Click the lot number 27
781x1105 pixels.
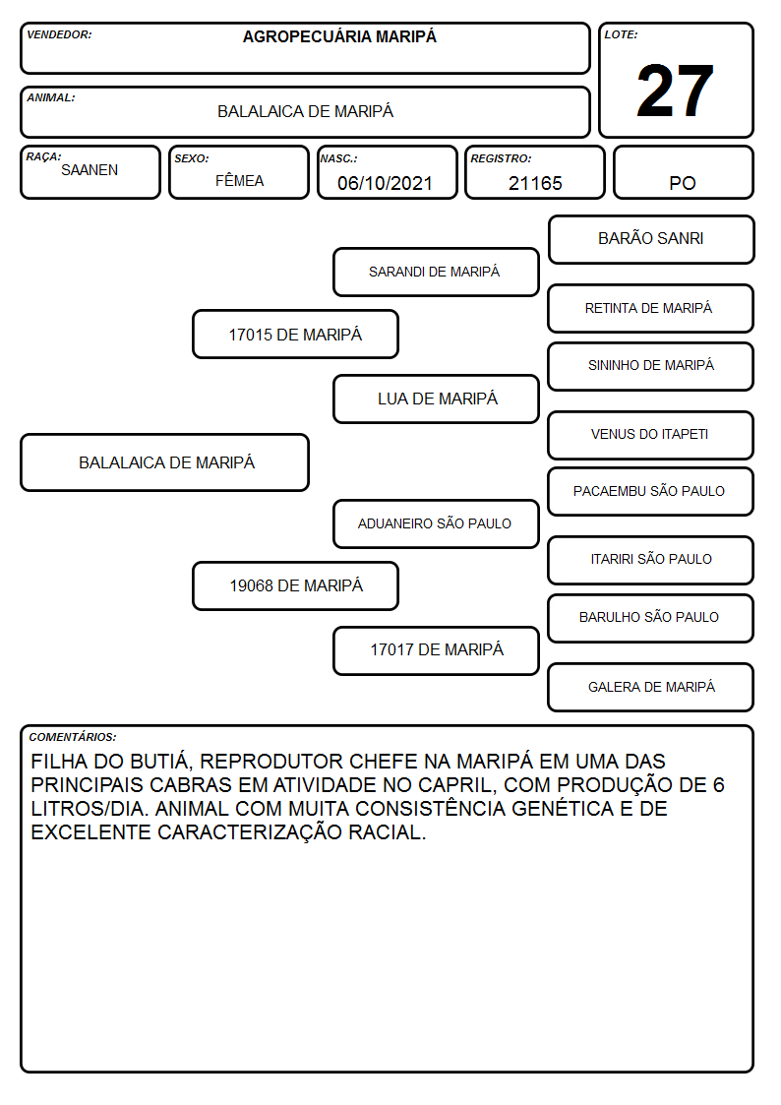pos(675,91)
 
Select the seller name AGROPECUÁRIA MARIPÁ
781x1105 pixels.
pos(339,36)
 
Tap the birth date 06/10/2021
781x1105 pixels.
pos(385,183)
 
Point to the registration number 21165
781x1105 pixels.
pos(535,183)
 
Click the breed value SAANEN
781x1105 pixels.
pos(90,170)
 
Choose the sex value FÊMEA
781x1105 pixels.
pos(239,180)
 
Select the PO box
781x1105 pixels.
pos(683,172)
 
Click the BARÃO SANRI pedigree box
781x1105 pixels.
pos(651,240)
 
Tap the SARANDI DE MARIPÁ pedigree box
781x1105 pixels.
pos(436,272)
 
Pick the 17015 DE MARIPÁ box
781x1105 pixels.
pos(295,334)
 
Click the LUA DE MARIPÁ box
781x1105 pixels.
pos(436,399)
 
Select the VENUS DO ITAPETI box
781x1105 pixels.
pos(651,435)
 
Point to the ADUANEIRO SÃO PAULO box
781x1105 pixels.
pos(436,523)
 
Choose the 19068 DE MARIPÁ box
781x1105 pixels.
pos(295,585)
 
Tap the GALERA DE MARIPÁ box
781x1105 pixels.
pos(651,687)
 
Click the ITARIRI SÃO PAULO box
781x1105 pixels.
pos(651,560)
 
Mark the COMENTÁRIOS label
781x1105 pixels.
pos(73,737)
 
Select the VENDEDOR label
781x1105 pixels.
pos(59,34)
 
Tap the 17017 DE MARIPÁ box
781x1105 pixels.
pos(436,650)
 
